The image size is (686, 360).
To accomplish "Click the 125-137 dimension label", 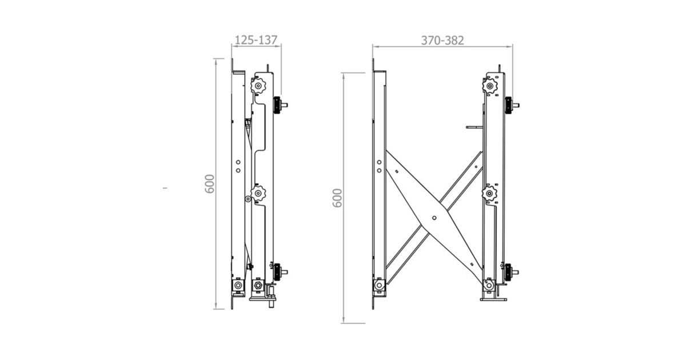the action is tap(256, 40).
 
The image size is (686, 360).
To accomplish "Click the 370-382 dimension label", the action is tap(442, 41).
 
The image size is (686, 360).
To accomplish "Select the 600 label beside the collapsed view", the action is tap(209, 183).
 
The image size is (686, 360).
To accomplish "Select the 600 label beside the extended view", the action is tap(337, 198).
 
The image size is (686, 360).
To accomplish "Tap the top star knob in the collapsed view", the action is tap(258, 85).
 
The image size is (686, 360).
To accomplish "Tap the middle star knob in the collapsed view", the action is tap(258, 193).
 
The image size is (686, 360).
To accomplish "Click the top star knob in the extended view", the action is tap(490, 85).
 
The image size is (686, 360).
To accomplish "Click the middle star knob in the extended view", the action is tap(489, 194).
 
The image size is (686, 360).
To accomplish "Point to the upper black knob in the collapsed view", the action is tap(277, 105).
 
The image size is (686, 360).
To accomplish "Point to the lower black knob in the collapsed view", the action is tap(277, 272).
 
